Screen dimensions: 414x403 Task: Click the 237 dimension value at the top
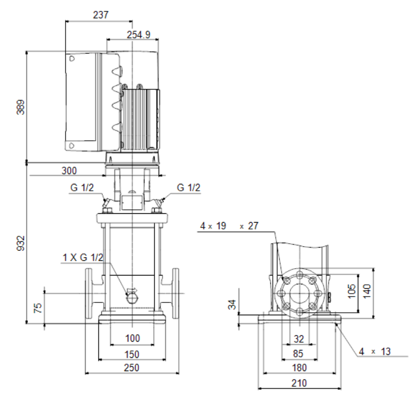pyautogui.click(x=100, y=15)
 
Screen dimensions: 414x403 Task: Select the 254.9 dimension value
pyautogui.click(x=139, y=35)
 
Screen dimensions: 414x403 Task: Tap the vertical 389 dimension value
pyautogui.click(x=21, y=107)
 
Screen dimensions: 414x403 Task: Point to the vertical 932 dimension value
pyautogui.click(x=21, y=243)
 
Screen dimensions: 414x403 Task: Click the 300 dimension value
pyautogui.click(x=69, y=171)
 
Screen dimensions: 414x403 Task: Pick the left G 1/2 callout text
pyautogui.click(x=82, y=188)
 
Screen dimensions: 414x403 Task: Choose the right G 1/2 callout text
pyautogui.click(x=189, y=188)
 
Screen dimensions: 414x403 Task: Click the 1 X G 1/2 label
pyautogui.click(x=83, y=257)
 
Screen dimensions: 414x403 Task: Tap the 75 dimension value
pyautogui.click(x=38, y=308)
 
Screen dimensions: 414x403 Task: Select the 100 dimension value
pyautogui.click(x=133, y=338)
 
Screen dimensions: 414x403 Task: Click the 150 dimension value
pyautogui.click(x=132, y=354)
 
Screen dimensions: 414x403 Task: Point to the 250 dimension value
pyautogui.click(x=131, y=368)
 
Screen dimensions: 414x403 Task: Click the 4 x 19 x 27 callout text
pyautogui.click(x=229, y=226)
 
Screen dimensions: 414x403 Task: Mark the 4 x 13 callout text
pyautogui.click(x=375, y=352)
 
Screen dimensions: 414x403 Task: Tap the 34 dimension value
pyautogui.click(x=232, y=304)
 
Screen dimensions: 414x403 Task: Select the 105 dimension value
pyautogui.click(x=352, y=291)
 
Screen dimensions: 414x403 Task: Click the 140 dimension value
pyautogui.click(x=367, y=291)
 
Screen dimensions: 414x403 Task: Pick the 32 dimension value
pyautogui.click(x=299, y=339)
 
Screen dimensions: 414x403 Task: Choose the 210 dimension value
pyautogui.click(x=299, y=383)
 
